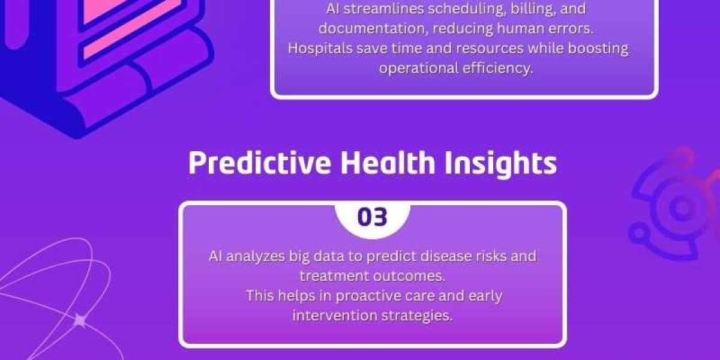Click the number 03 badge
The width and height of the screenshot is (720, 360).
(x=373, y=217)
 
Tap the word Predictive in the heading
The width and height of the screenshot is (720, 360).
(x=259, y=163)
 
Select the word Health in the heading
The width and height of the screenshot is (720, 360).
(x=388, y=163)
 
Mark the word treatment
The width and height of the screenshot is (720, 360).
(x=334, y=276)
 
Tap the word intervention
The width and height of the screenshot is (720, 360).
(x=335, y=316)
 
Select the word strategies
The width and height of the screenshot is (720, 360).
(x=417, y=316)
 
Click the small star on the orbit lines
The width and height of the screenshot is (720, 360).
(x=80, y=320)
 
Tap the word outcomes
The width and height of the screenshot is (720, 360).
(x=409, y=277)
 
